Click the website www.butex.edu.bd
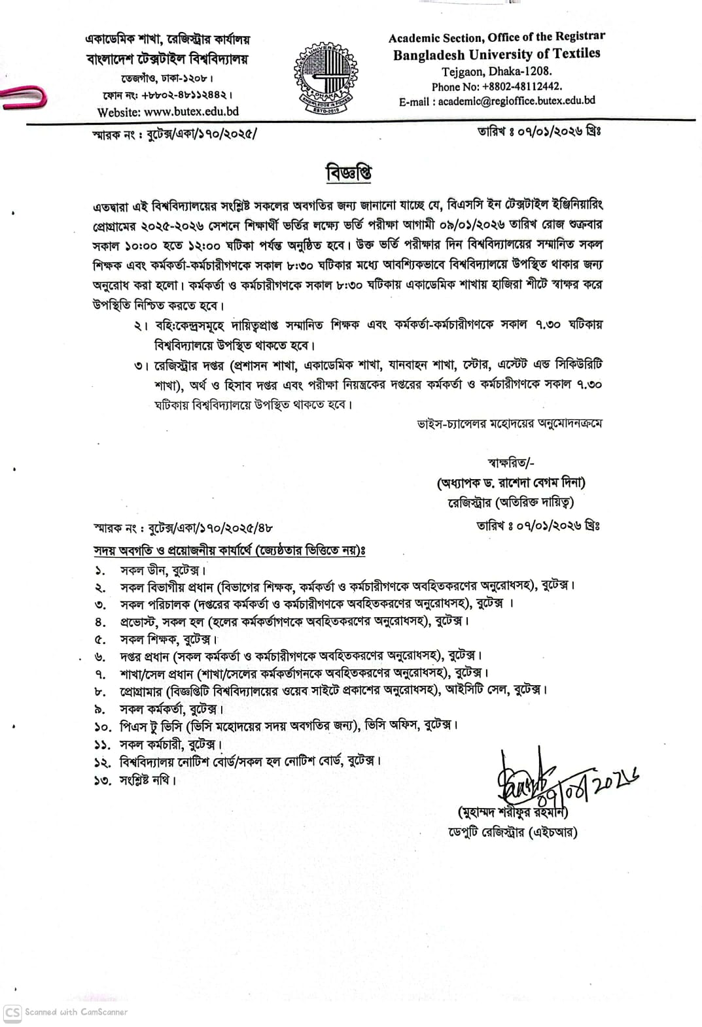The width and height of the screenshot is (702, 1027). click(x=167, y=112)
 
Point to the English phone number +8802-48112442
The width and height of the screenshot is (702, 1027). click(x=497, y=86)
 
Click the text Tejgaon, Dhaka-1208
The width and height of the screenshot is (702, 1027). click(x=497, y=71)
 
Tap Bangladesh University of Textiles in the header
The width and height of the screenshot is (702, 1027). click(x=497, y=54)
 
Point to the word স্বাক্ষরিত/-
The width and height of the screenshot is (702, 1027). click(x=511, y=463)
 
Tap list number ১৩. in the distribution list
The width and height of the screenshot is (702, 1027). click(x=103, y=779)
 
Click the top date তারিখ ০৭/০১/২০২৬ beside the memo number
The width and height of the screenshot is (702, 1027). click(x=538, y=131)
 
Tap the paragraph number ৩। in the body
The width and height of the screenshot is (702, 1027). click(x=140, y=365)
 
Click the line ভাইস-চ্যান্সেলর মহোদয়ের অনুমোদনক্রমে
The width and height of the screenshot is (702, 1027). click(x=510, y=424)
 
